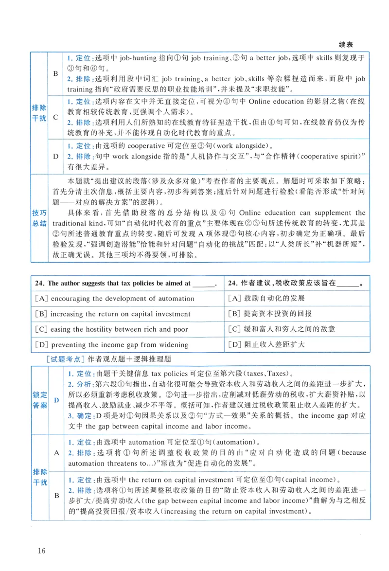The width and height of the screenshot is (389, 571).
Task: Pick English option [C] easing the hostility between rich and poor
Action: point(111,330)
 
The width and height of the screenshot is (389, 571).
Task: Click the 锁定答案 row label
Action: point(40,400)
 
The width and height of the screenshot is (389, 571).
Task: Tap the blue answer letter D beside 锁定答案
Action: point(56,400)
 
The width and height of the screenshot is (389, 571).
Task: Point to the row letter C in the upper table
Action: point(55,117)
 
